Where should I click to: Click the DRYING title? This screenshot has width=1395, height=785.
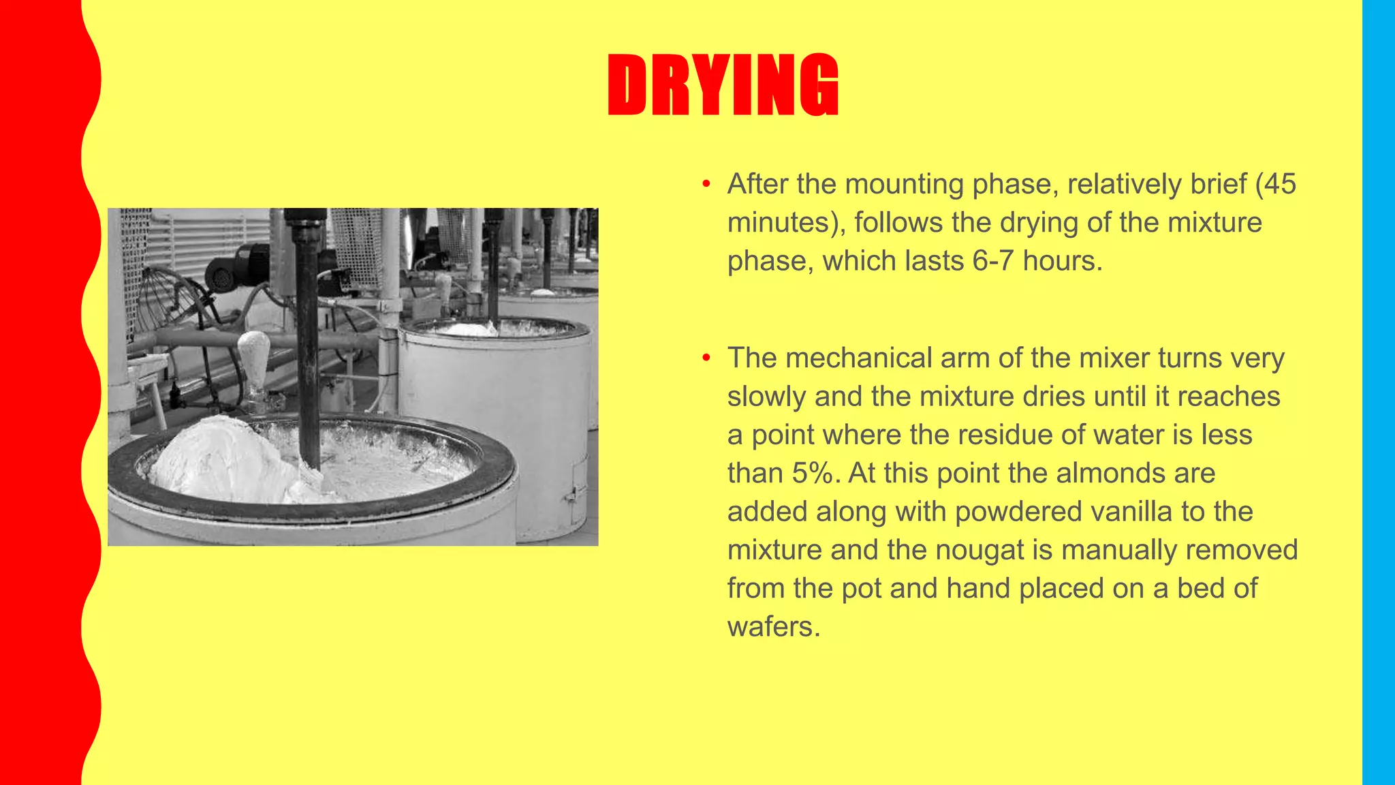pyautogui.click(x=723, y=85)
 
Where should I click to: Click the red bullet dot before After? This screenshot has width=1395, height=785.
pyautogui.click(x=706, y=184)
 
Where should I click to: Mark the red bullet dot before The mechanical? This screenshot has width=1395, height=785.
pyautogui.click(x=706, y=358)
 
